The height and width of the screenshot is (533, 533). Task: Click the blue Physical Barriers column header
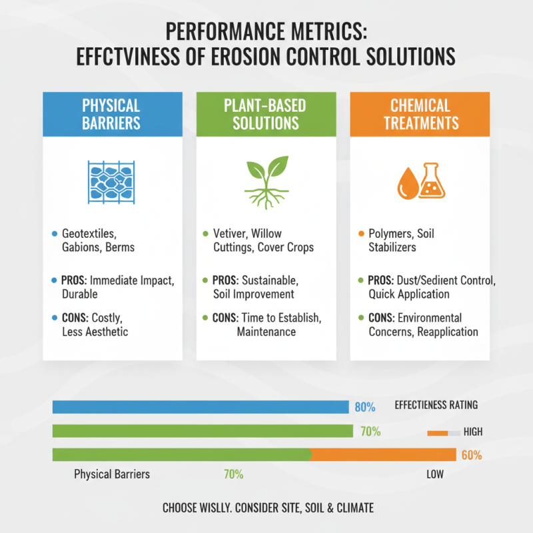point(112,114)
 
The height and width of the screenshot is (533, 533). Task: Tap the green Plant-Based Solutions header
point(266,114)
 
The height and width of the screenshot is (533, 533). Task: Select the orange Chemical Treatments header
point(420,114)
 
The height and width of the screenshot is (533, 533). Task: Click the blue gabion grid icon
point(112,180)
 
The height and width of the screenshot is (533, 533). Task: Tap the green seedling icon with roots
point(266,179)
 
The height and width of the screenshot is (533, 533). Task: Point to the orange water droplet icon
point(407,185)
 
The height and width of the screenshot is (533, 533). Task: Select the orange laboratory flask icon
point(432,180)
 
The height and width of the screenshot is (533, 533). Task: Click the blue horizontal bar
point(200,406)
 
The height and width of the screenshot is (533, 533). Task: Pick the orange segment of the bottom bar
point(383,455)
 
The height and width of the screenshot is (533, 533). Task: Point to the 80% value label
point(365,406)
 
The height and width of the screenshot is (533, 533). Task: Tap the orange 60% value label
point(471,456)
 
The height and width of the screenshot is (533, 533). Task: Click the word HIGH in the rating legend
point(472,432)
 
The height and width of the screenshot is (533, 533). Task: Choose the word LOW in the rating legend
point(434,475)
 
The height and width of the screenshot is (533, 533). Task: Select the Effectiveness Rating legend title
point(436,405)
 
